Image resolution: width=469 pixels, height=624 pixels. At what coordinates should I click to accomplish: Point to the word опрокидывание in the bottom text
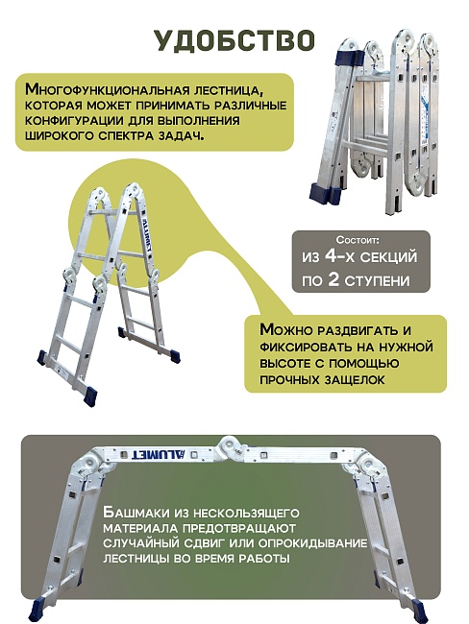313,542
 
